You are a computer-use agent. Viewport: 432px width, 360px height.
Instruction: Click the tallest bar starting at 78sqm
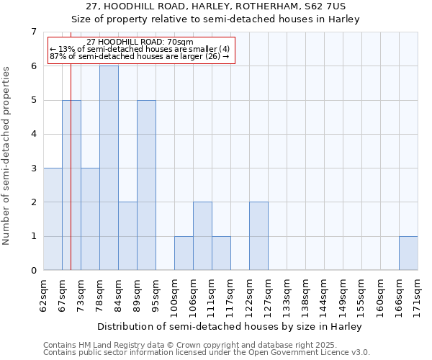pyautogui.click(x=109, y=168)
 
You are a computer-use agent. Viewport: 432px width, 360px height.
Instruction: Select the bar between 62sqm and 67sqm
pyautogui.click(x=53, y=219)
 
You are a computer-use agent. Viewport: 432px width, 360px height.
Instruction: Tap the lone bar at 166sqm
pyautogui.click(x=408, y=253)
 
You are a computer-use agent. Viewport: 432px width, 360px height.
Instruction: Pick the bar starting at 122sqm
pyautogui.click(x=258, y=236)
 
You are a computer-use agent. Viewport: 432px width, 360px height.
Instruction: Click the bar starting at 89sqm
pyautogui.click(x=146, y=185)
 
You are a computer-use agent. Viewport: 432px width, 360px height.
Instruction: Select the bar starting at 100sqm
pyautogui.click(x=184, y=253)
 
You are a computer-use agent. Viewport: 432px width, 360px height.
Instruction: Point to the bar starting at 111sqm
pyautogui.click(x=221, y=253)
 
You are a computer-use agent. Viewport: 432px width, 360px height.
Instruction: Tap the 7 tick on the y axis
pyautogui.click(x=33, y=32)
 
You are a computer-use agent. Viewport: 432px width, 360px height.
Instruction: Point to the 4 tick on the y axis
pyautogui.click(x=33, y=134)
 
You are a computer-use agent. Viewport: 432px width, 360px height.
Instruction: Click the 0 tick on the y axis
pyautogui.click(x=33, y=271)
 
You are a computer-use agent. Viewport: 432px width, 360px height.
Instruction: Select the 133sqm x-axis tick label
pyautogui.click(x=287, y=294)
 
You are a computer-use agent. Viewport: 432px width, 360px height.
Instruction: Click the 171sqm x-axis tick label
pyautogui.click(x=418, y=294)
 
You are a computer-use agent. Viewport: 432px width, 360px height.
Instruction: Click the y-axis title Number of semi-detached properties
pyautogui.click(x=6, y=156)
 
